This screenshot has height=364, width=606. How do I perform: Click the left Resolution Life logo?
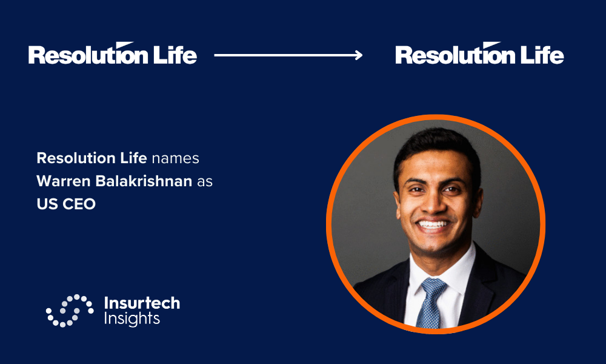click(x=113, y=53)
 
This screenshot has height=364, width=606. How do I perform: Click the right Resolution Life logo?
click(x=479, y=53)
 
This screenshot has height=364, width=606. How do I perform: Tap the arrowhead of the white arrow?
click(x=359, y=55)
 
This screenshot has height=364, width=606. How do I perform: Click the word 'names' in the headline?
click(x=176, y=158)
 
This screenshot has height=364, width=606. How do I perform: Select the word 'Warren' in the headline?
click(x=64, y=181)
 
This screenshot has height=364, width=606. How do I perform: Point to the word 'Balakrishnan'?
click(x=144, y=181)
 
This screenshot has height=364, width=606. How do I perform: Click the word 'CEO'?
click(x=79, y=204)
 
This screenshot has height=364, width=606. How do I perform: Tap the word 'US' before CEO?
click(x=47, y=204)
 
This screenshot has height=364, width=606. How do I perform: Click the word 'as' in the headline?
click(x=205, y=182)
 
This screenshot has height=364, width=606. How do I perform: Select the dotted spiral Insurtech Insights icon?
click(x=70, y=311)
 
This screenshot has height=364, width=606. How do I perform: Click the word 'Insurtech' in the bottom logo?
click(x=142, y=303)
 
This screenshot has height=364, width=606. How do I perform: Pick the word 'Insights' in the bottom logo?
click(x=132, y=318)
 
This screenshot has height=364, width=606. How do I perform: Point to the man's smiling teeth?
click(x=433, y=224)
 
